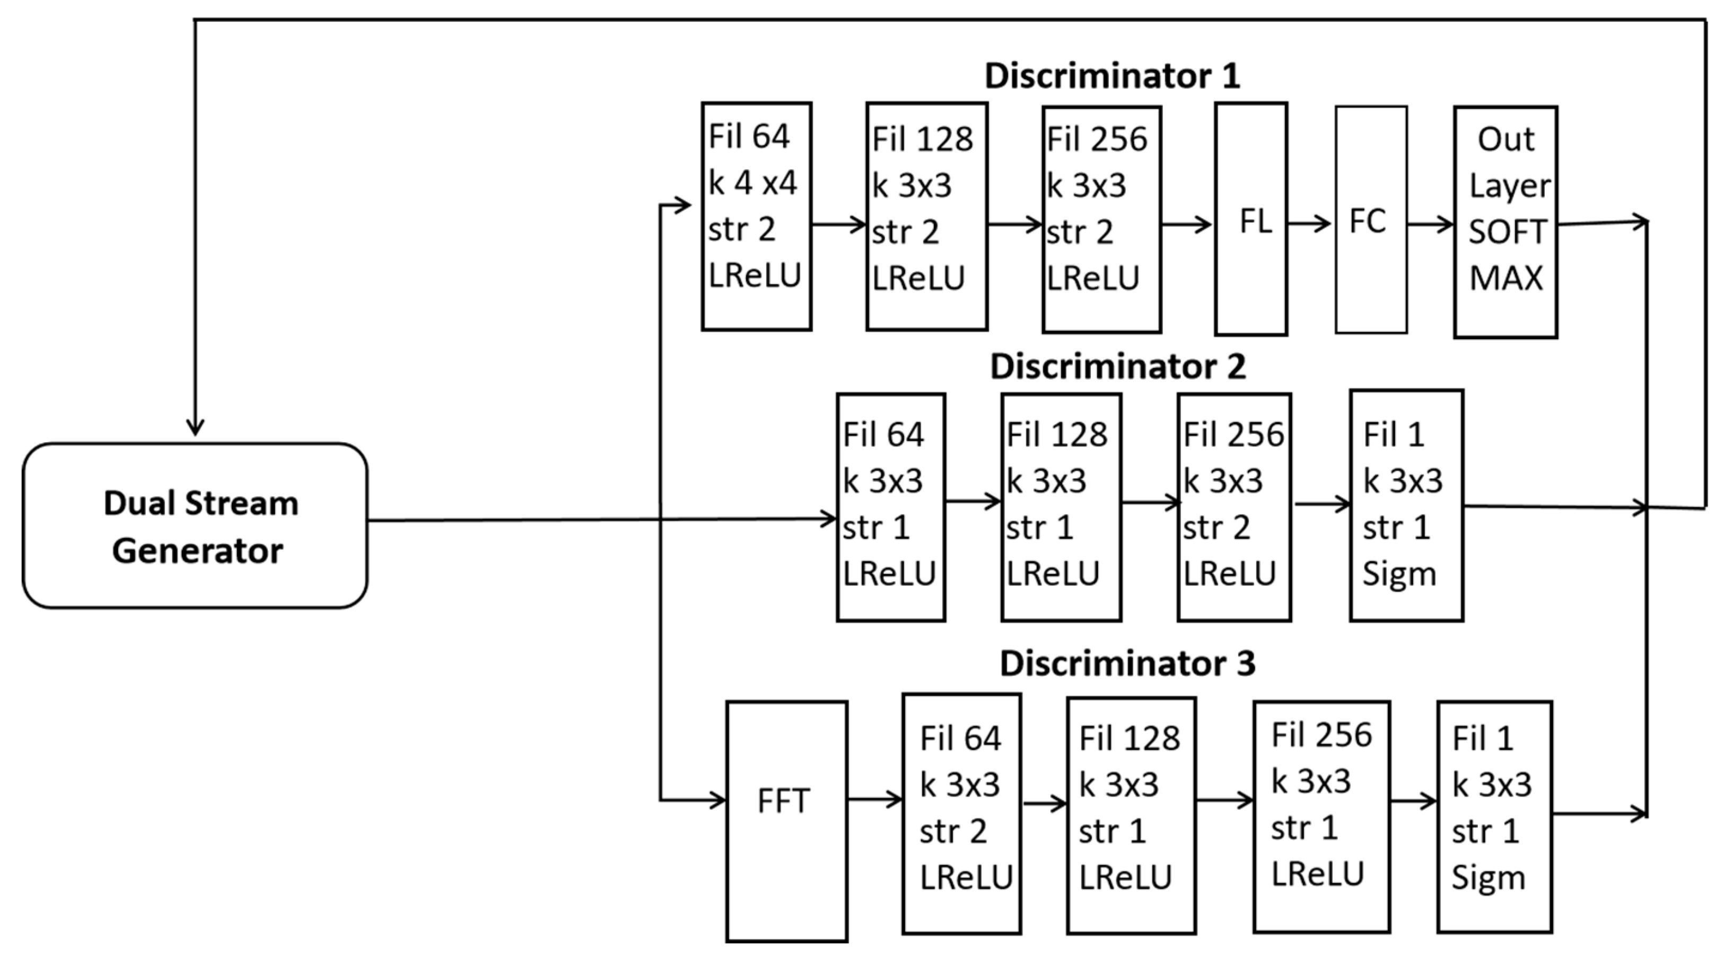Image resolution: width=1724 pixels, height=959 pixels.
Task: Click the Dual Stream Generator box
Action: (195, 526)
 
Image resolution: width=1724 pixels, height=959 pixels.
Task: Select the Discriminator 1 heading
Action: (1112, 76)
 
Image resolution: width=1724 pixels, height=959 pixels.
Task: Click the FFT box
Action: (786, 821)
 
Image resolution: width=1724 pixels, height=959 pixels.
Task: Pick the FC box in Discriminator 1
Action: (1371, 220)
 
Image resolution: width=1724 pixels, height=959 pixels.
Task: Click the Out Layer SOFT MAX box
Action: (1505, 222)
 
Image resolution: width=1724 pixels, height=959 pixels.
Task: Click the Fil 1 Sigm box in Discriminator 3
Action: (1494, 816)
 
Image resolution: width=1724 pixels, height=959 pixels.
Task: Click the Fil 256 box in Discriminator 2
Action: (1234, 507)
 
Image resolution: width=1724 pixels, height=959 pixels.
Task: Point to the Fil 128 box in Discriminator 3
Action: (1131, 815)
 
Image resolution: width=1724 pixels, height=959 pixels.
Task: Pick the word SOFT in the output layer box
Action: (1507, 232)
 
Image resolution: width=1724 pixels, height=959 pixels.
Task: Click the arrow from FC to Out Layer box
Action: (1430, 224)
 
